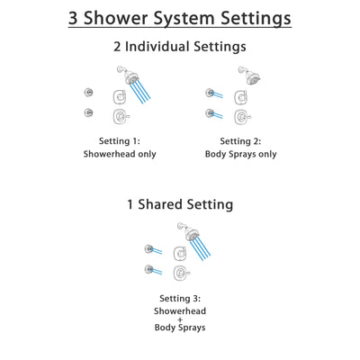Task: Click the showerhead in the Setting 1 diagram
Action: coord(125,76)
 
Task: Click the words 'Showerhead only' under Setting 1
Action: coord(120,154)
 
